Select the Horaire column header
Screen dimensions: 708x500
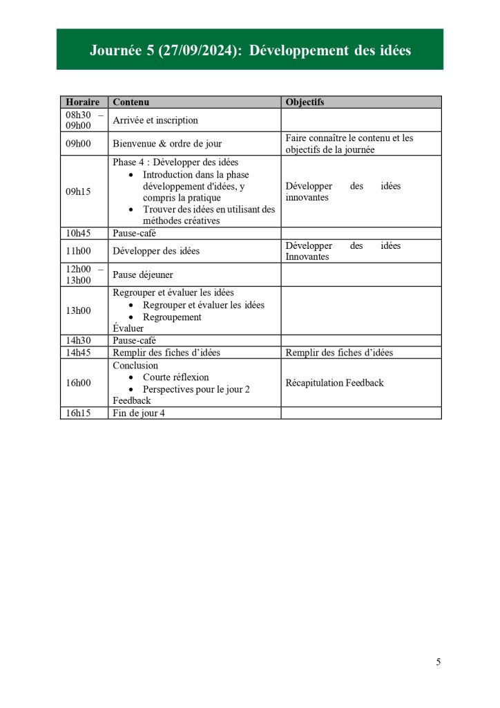click(82, 102)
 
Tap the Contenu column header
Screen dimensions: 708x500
click(131, 102)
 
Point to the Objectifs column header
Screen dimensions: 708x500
click(305, 102)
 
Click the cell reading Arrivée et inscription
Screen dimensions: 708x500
click(155, 120)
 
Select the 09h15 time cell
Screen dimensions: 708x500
click(78, 192)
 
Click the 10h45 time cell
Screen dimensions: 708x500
click(78, 234)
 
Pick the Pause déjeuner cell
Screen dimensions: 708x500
click(143, 274)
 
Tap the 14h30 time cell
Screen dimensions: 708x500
click(78, 341)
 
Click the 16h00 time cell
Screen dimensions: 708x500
click(78, 382)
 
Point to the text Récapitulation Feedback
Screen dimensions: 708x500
click(334, 382)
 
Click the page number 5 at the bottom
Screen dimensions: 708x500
click(438, 662)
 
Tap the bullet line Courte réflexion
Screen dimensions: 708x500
click(175, 378)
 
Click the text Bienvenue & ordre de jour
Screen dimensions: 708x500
click(167, 144)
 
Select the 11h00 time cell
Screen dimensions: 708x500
click(78, 251)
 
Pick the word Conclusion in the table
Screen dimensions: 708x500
click(135, 365)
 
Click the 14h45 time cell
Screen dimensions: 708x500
click(78, 353)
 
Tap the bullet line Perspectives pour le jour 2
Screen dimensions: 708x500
click(196, 389)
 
